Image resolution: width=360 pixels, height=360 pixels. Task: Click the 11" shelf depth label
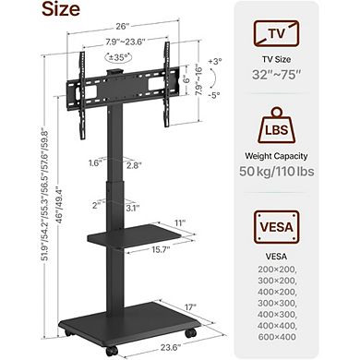point(178,222)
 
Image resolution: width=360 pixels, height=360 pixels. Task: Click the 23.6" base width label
point(140,350)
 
